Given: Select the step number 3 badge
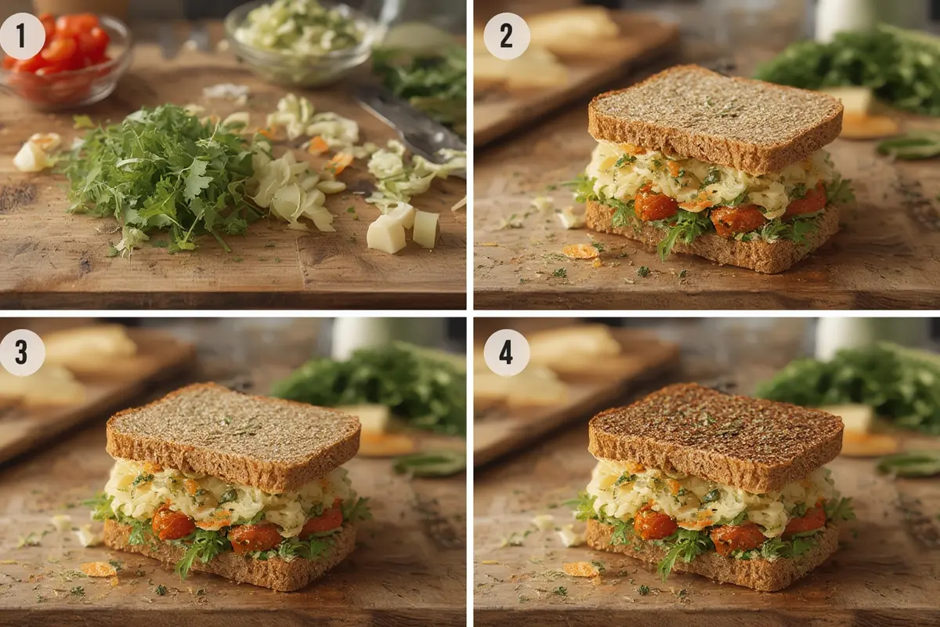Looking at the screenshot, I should click(22, 352).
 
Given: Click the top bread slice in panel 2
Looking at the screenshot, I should click(713, 114).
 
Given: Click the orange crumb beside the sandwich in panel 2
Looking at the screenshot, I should click(581, 251).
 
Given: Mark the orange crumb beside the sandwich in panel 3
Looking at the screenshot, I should click(99, 569).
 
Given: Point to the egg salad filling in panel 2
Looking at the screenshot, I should click(705, 174).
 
